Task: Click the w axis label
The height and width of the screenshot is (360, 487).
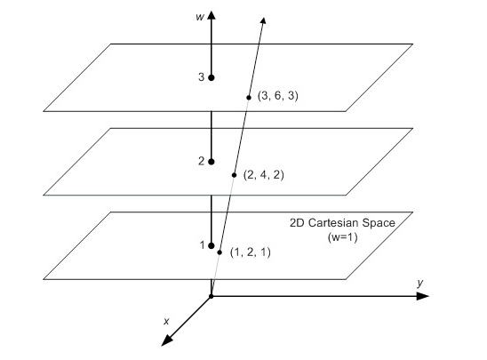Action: point(200,17)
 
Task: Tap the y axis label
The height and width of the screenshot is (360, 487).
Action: point(420,283)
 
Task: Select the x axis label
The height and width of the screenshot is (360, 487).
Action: point(166,321)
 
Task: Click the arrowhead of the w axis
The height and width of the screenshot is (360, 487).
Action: point(212,15)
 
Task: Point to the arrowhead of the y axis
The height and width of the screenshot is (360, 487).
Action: point(423,296)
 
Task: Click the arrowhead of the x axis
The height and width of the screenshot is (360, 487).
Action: point(167,340)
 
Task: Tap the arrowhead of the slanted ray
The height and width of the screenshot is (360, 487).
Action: point(263,20)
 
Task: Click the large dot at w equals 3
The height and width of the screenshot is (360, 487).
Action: point(212,77)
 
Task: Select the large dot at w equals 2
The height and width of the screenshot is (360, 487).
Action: point(212,162)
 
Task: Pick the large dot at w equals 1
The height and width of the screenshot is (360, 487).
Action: point(212,245)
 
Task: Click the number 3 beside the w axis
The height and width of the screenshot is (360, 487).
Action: point(201,76)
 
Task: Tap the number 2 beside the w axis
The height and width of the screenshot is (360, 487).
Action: point(201,161)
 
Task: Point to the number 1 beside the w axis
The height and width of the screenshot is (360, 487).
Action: point(203,245)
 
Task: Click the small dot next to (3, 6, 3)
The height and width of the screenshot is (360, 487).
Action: point(249,98)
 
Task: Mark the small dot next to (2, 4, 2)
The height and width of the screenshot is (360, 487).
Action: point(235,175)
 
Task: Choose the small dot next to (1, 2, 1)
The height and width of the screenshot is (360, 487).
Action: point(220,252)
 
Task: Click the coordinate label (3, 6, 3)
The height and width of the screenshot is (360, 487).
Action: point(277,96)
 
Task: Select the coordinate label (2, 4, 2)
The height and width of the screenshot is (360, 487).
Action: point(264,175)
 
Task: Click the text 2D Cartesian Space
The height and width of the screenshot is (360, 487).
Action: point(342,223)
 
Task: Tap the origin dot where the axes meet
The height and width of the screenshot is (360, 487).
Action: point(212,296)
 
